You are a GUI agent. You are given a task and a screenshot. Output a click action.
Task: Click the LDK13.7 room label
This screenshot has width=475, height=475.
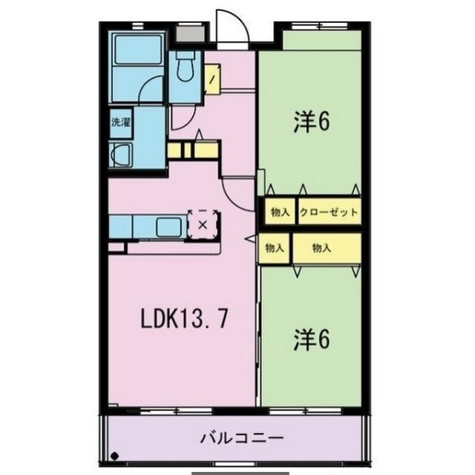coord(184,319)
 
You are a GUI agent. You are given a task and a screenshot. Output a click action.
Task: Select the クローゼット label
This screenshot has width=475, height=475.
coord(329,212)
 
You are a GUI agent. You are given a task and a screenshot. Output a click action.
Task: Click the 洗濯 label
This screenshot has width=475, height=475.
coord(120,122)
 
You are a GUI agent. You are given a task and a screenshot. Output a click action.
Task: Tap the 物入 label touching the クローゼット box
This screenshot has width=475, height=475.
coord(280,212)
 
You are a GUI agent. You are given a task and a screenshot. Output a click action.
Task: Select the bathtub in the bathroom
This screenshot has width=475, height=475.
coord(139,50)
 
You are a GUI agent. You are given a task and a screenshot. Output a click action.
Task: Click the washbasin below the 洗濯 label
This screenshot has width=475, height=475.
coord(120,157)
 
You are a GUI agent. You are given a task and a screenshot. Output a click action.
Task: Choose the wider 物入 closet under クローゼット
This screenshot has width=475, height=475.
coord(326,249)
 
